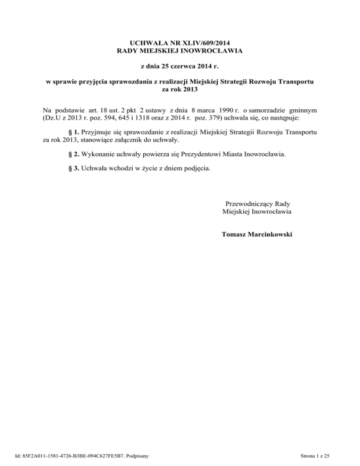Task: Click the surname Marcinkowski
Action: (x=273, y=233)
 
